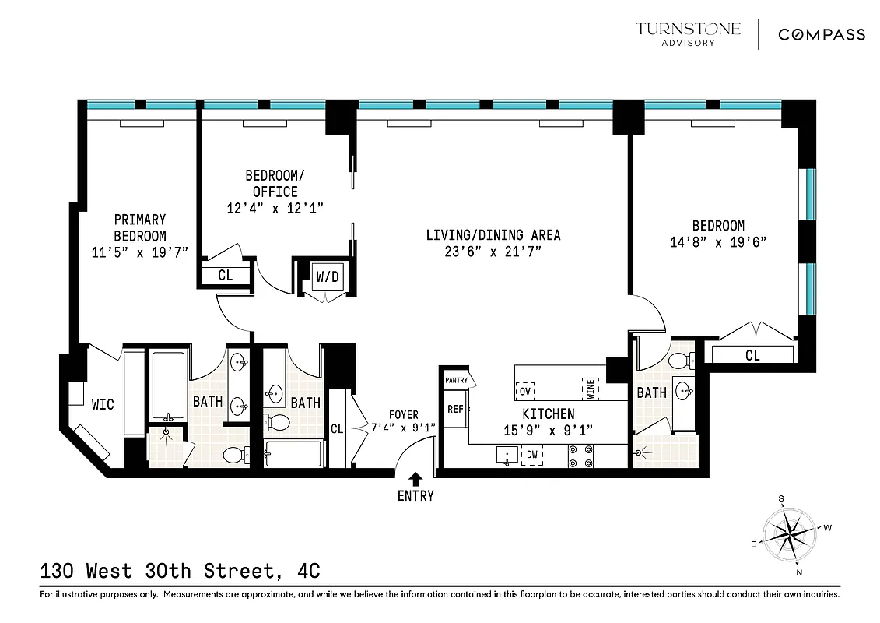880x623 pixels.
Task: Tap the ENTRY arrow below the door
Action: pyautogui.click(x=415, y=479)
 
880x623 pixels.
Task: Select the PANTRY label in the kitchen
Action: pyautogui.click(x=457, y=380)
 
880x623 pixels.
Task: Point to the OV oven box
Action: pyautogui.click(x=525, y=390)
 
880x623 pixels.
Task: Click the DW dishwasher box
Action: pyautogui.click(x=532, y=455)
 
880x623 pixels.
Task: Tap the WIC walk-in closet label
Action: pyautogui.click(x=103, y=404)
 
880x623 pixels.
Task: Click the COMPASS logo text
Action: pyautogui.click(x=822, y=34)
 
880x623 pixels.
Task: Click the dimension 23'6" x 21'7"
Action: pyautogui.click(x=493, y=252)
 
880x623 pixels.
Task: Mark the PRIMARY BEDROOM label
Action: pyautogui.click(x=140, y=227)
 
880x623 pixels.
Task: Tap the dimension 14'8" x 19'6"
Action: pyautogui.click(x=719, y=241)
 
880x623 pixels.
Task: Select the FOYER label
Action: pyautogui.click(x=404, y=415)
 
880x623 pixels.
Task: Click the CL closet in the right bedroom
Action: pyautogui.click(x=752, y=355)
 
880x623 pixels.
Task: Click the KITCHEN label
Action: pyautogui.click(x=548, y=414)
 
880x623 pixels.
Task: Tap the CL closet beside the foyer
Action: pyautogui.click(x=337, y=428)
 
